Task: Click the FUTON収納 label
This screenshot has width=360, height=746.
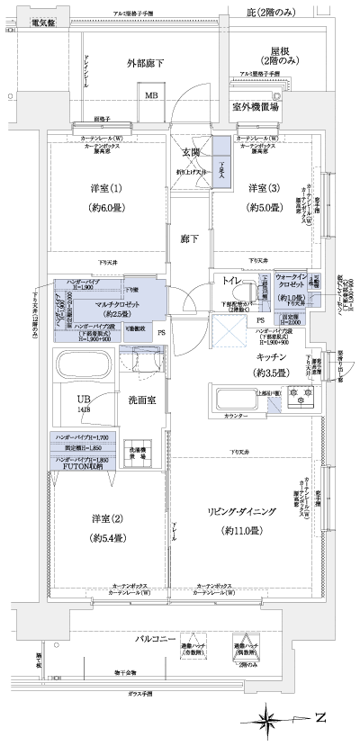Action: tap(84, 468)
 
